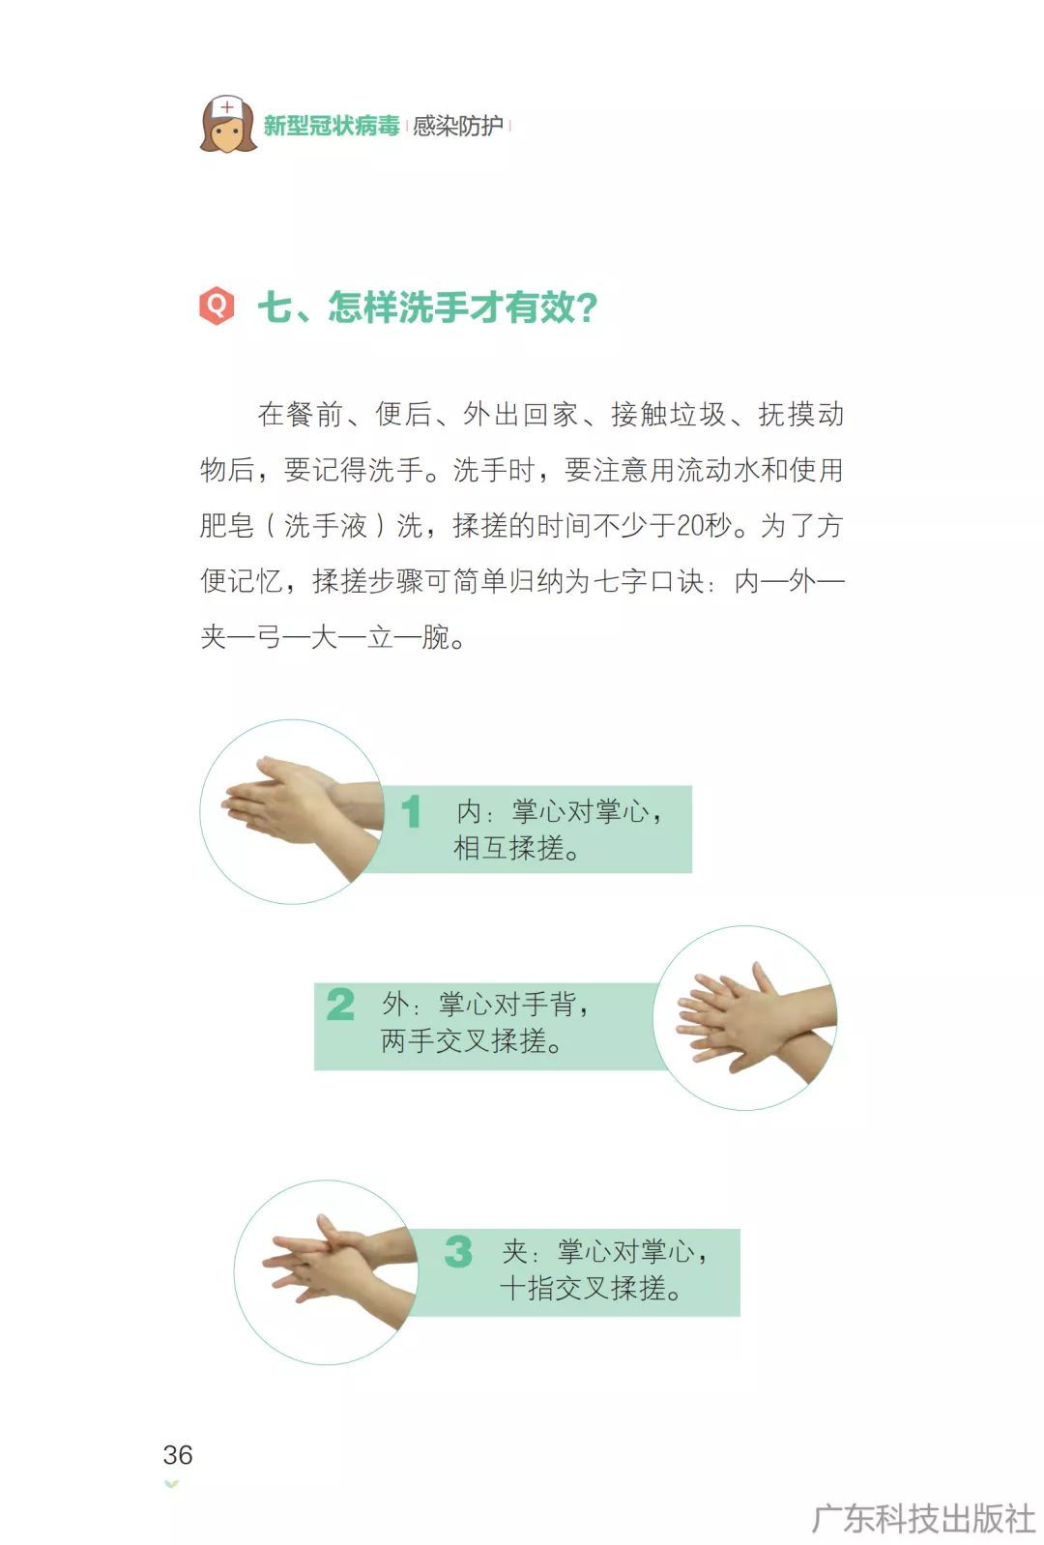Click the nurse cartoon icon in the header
tap(227, 124)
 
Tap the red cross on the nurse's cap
tap(227, 107)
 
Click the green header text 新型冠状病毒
tap(331, 126)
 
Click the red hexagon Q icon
tap(217, 305)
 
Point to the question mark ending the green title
tap(587, 307)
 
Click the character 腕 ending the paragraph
tap(436, 636)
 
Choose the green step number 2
tap(340, 1005)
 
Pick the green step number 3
tap(458, 1251)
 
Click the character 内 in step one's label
tap(469, 811)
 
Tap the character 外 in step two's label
tap(395, 1005)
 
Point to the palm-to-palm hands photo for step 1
tap(292, 812)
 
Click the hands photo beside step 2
tap(744, 1018)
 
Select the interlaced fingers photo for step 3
tap(326, 1271)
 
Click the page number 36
tap(177, 1455)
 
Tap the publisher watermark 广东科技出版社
tap(923, 1519)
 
